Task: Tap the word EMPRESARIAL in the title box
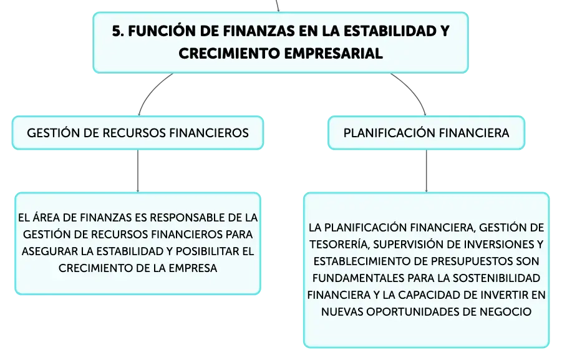click(333, 54)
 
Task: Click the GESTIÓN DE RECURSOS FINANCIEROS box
click(138, 133)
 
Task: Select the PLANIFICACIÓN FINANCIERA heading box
click(426, 133)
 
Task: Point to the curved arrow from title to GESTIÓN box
click(150, 90)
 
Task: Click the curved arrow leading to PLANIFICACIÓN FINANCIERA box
click(414, 90)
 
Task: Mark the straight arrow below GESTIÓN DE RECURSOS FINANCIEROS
click(138, 171)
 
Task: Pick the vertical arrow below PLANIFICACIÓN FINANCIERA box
click(426, 171)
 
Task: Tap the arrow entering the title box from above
click(278, 6)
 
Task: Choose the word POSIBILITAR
click(208, 251)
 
